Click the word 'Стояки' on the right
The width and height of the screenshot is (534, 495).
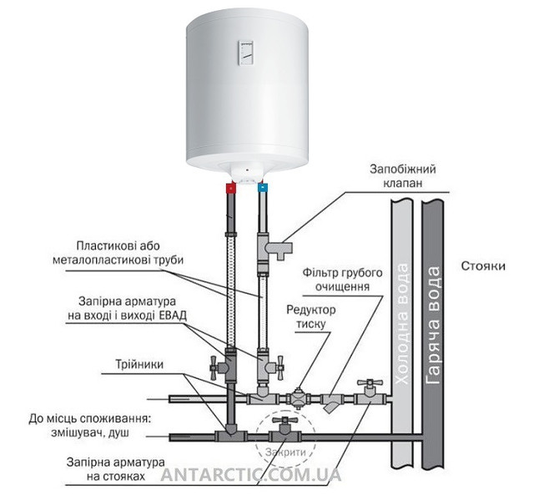483,267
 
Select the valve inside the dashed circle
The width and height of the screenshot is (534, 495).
285,432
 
